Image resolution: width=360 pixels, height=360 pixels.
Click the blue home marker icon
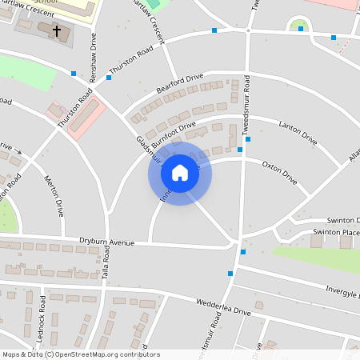(x=180, y=172)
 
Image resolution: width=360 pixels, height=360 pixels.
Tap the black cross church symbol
(x=57, y=32)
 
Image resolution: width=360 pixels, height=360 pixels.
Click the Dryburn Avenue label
(x=106, y=242)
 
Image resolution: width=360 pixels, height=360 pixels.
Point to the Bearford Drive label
(x=180, y=83)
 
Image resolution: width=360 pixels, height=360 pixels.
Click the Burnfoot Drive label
(x=171, y=132)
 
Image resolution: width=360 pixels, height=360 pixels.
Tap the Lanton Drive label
(x=298, y=133)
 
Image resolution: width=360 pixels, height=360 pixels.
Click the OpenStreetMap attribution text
(x=80, y=354)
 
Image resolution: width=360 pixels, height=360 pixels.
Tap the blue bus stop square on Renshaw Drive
(x=74, y=74)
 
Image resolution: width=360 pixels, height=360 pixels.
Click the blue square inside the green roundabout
(x=301, y=29)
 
